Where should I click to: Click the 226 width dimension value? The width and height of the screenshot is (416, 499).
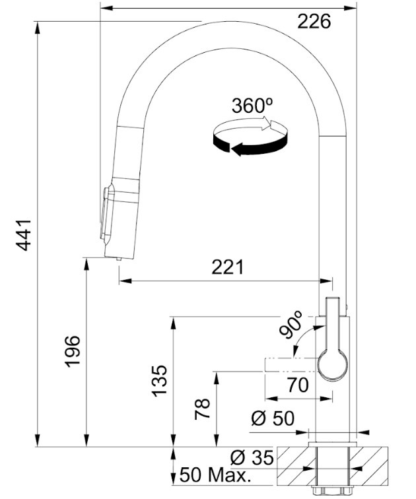coord(314,22)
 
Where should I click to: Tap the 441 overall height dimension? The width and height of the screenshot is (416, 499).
coord(24,235)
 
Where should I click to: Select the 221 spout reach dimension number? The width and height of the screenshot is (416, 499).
coord(228,267)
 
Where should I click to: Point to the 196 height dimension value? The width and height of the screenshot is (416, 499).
coord(73,351)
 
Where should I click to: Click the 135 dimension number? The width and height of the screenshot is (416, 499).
coord(159,381)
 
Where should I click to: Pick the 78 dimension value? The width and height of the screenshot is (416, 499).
coord(203,409)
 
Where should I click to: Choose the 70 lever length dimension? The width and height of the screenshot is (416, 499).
coord(298,385)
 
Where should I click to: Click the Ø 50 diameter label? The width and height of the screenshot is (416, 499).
coord(273,418)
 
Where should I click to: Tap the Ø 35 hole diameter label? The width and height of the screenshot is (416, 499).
coord(252,457)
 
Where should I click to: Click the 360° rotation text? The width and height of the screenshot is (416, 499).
coord(252,106)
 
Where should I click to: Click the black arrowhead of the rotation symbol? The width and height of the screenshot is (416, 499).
coord(238,149)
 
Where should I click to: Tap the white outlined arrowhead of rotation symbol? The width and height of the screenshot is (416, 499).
coord(266,123)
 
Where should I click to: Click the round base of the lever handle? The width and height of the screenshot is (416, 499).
coord(333,365)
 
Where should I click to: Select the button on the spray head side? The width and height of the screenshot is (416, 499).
coord(105,214)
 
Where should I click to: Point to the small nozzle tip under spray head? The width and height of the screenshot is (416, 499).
coord(119,259)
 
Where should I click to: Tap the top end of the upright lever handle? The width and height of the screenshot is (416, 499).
coord(333,298)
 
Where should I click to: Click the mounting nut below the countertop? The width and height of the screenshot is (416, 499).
coord(332,490)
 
